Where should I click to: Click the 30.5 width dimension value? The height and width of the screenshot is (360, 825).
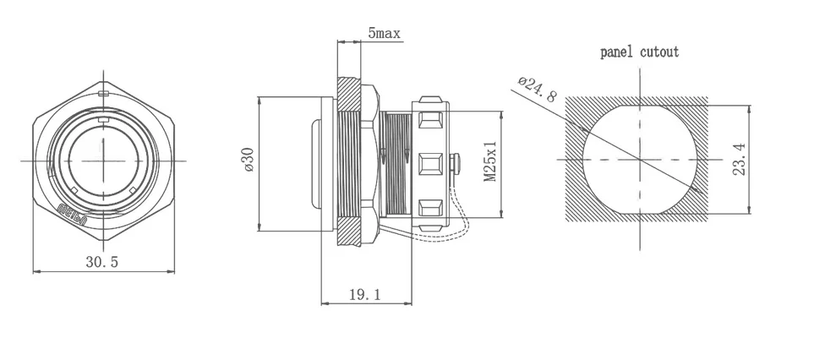[x=101, y=263]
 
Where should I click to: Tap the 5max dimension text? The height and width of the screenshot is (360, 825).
[x=384, y=34]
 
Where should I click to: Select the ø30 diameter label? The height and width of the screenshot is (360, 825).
[x=248, y=161]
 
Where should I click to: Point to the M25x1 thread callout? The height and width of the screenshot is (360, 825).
[x=489, y=161]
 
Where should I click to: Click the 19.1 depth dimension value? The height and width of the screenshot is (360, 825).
[x=365, y=294]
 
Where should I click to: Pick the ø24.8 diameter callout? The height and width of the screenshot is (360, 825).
[x=537, y=89]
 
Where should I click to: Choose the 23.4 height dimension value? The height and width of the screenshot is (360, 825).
[x=739, y=159]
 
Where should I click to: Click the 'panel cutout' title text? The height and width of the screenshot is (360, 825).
[x=639, y=52]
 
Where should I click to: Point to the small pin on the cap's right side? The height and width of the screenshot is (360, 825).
[x=457, y=160]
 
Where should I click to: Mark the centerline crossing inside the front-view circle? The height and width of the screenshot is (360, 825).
[x=101, y=161]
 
